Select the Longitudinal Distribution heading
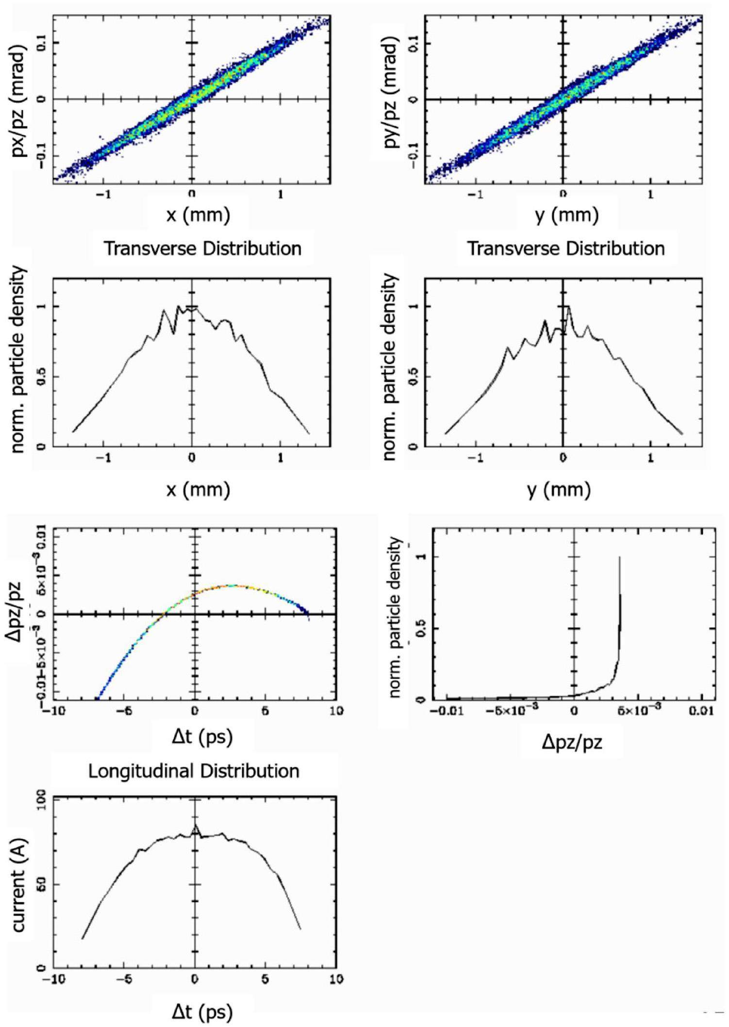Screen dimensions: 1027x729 point(194,772)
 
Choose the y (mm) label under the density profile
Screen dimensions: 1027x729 point(558,490)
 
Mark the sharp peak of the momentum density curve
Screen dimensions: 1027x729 point(619,557)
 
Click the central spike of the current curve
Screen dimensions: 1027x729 point(195,825)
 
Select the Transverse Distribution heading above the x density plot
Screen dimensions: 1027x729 point(203,249)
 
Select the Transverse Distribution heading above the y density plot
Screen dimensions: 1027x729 point(565,249)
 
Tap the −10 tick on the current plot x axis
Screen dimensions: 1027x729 point(53,979)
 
